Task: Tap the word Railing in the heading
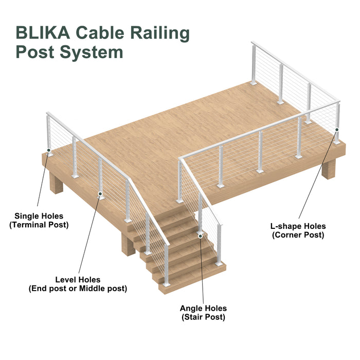[x=159, y=32]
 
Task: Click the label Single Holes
[x=39, y=216]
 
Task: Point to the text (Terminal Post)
[x=39, y=225]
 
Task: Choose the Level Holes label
[x=79, y=280]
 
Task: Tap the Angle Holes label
[x=203, y=309]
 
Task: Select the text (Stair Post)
[x=203, y=317]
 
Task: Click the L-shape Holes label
[x=298, y=226]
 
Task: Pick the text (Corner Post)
[x=298, y=235]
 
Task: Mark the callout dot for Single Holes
[x=49, y=151]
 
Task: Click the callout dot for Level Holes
[x=100, y=194]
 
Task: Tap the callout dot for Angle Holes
[x=201, y=236]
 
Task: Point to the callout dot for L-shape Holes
[x=337, y=130]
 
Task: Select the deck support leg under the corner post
[x=328, y=168]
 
